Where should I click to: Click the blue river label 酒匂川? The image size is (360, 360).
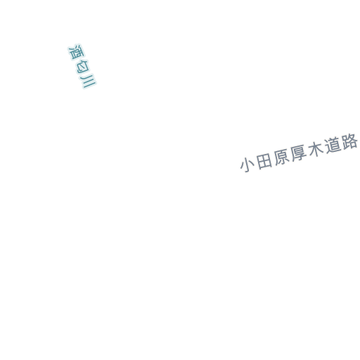pos(82,66)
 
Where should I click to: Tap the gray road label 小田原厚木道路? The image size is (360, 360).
pos(299,153)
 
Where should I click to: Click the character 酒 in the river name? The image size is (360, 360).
pos(77,52)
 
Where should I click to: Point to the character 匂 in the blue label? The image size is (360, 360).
pos(82,67)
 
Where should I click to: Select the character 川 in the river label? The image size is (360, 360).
pos(88,82)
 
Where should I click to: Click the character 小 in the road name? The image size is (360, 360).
pos(247,165)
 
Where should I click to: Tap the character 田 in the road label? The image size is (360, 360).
pos(264,161)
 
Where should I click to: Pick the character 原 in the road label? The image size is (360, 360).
pos(282,157)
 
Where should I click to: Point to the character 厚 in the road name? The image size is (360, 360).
pos(299,153)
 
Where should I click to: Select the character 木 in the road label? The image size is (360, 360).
pos(316,150)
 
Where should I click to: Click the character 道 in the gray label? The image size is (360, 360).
pos(333,146)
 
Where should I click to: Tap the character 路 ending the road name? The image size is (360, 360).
pos(350,141)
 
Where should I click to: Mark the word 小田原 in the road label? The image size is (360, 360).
pos(265,161)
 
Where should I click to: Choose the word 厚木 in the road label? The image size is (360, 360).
pos(308,152)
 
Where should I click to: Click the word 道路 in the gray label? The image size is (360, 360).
pos(342,143)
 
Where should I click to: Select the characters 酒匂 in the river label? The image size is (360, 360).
pos(79,59)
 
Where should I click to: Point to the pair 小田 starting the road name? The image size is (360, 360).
pos(256,163)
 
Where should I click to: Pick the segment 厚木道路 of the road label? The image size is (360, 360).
pos(324,148)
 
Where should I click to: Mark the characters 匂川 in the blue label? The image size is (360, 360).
pos(85,75)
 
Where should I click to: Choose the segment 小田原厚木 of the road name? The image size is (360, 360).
pos(282,157)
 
